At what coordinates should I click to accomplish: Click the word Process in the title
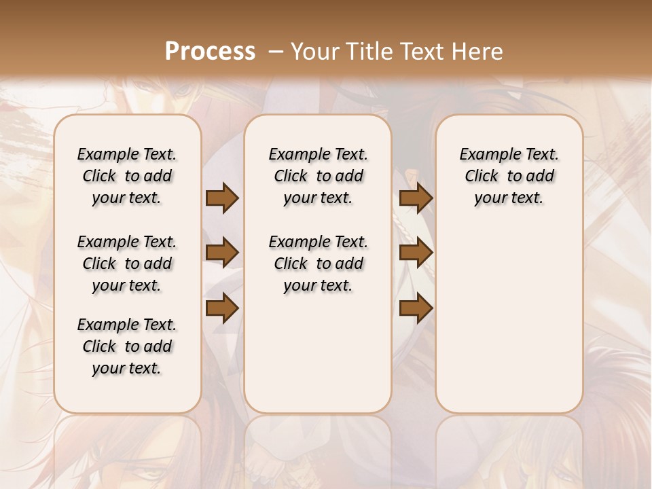(x=210, y=51)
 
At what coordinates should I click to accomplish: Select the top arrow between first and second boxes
(x=222, y=198)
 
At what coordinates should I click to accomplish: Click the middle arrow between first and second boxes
(x=222, y=253)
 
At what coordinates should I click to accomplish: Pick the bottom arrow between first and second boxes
(x=222, y=308)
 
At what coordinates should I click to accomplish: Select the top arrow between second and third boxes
(x=416, y=198)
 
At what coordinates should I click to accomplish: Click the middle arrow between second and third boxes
(x=416, y=253)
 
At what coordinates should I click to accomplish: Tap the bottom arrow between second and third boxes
(x=416, y=308)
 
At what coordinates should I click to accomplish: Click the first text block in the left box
(x=127, y=176)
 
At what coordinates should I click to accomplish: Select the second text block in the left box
(x=127, y=264)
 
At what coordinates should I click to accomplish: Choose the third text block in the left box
(x=127, y=346)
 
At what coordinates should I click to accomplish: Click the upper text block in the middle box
(x=318, y=176)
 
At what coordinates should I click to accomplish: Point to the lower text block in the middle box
(x=318, y=264)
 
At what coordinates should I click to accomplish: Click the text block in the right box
(x=509, y=176)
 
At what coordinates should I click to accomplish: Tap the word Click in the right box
(x=482, y=177)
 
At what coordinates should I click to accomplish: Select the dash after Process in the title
(x=276, y=52)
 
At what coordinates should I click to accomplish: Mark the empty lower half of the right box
(x=509, y=326)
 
